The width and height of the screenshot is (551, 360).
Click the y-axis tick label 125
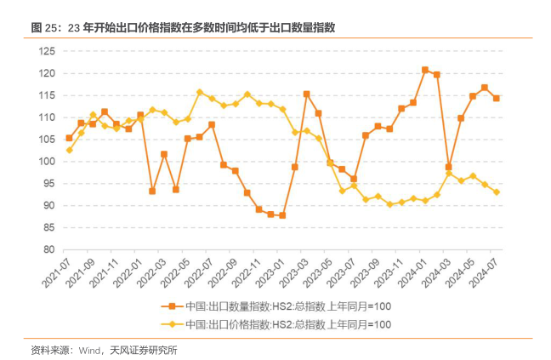coord(46,52)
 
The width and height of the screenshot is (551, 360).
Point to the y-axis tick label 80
coord(48,249)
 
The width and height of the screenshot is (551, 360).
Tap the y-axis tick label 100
coord(46,162)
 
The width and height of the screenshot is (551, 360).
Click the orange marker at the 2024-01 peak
coord(425,70)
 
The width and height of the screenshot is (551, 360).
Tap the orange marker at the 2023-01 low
coord(282,215)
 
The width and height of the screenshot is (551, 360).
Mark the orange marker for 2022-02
coord(152,191)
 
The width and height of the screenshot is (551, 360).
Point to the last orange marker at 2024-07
coord(497,99)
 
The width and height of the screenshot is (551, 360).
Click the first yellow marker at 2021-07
coord(69,150)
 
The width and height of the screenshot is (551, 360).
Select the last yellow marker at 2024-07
coord(497,192)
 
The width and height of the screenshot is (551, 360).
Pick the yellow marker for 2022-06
coord(200,92)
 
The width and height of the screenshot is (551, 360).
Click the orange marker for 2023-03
coord(306,94)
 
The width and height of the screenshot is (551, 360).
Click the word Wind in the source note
coord(92,349)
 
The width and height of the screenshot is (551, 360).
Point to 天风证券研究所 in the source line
coord(144,349)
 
